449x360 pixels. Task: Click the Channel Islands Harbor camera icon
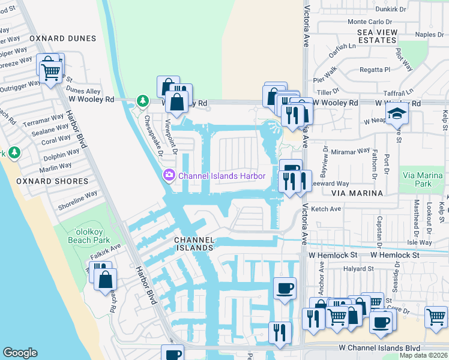pos(169,175)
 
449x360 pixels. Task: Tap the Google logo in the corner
pos(20,352)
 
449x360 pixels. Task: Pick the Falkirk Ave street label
pos(106,250)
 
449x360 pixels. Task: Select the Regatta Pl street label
pos(375,70)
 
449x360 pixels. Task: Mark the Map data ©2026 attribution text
pos(424,355)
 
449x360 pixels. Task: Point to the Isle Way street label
pos(418,242)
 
